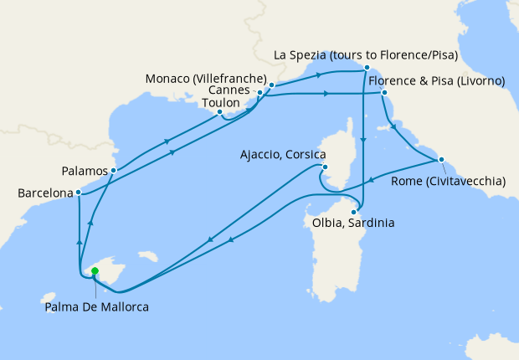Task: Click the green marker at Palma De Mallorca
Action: click(x=95, y=270)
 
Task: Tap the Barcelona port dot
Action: click(x=78, y=193)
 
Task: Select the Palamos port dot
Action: click(x=113, y=171)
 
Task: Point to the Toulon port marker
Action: click(x=219, y=111)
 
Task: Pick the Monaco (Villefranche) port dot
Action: click(x=272, y=85)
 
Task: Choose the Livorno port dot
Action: click(x=383, y=93)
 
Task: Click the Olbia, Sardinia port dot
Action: click(x=353, y=211)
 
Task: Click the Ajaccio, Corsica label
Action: click(x=280, y=154)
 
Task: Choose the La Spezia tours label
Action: click(x=371, y=56)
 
